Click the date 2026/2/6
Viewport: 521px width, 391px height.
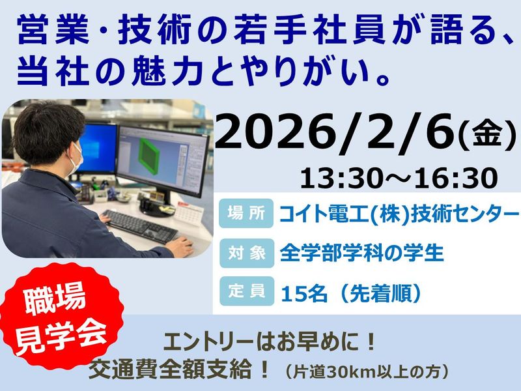335,134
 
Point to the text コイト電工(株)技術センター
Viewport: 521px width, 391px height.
399,213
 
